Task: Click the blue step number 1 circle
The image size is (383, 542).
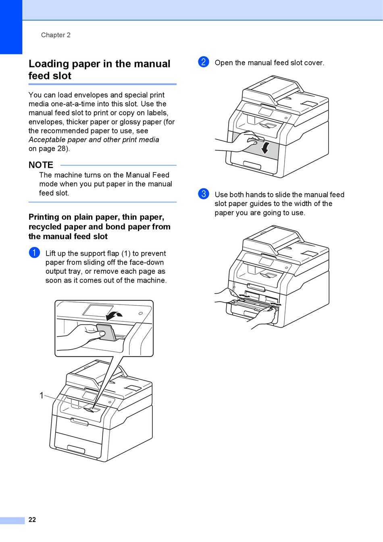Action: coord(34,253)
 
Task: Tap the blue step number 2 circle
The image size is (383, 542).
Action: coord(204,62)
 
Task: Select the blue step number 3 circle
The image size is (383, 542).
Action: coord(204,194)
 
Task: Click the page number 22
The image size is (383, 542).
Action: coord(32,520)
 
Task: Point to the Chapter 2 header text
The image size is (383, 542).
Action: coord(56,35)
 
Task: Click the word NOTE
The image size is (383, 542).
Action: coord(41,165)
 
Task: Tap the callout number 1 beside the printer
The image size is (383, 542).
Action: coord(41,395)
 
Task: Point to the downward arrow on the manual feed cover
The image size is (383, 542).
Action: coord(265,148)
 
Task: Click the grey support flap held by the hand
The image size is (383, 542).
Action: coord(106,332)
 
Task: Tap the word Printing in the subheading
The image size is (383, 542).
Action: coord(44,217)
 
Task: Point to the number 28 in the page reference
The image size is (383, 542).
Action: coord(62,148)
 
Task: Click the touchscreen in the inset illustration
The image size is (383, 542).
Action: coord(98,311)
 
